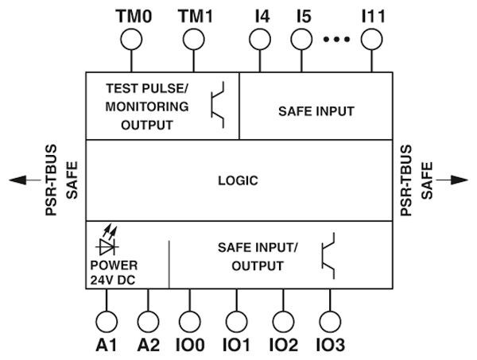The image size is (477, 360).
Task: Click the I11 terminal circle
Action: [371, 39]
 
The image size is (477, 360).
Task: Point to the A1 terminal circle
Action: [106, 322]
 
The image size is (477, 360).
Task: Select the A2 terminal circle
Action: [148, 322]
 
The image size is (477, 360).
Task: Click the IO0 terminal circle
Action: [190, 322]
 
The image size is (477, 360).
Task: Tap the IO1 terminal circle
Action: [235, 322]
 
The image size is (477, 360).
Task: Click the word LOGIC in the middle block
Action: [238, 180]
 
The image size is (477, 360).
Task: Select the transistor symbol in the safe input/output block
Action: [329, 255]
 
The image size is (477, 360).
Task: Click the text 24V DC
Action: [113, 279]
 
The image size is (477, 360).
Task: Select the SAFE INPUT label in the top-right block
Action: [316, 110]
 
